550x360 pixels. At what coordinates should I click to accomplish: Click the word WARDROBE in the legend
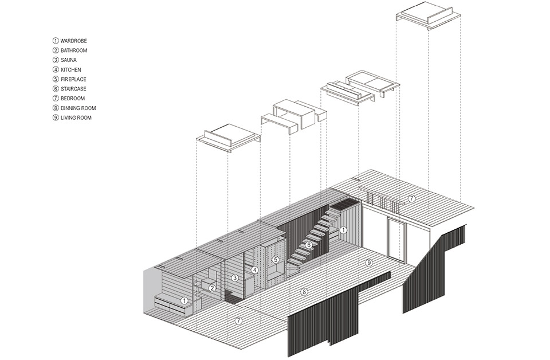[74, 41]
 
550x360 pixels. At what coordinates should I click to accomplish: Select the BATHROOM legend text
[74, 50]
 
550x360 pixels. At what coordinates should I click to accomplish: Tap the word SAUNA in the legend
[68, 60]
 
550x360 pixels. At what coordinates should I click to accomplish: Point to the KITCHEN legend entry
[71, 70]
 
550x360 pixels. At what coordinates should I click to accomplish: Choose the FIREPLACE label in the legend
[73, 79]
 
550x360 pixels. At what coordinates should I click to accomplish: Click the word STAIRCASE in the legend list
[73, 89]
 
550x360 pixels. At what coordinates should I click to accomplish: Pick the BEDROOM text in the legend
[73, 99]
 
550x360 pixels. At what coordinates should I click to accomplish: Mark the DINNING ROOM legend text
[78, 108]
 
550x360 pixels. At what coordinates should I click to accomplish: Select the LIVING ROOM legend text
[76, 118]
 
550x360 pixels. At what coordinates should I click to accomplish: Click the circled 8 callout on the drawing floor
[304, 292]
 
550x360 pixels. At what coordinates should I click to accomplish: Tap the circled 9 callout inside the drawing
[368, 263]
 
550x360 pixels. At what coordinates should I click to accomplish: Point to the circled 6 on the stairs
[308, 245]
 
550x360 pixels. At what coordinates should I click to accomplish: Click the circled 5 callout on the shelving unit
[276, 260]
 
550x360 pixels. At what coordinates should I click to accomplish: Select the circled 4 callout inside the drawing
[255, 270]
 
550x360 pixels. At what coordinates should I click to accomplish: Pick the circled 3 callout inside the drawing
[235, 278]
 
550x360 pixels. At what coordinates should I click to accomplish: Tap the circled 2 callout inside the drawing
[212, 288]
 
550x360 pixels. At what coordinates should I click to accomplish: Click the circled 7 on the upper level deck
[412, 199]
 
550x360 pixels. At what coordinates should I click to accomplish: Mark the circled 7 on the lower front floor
[238, 320]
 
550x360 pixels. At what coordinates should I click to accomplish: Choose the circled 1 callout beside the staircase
[343, 230]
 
